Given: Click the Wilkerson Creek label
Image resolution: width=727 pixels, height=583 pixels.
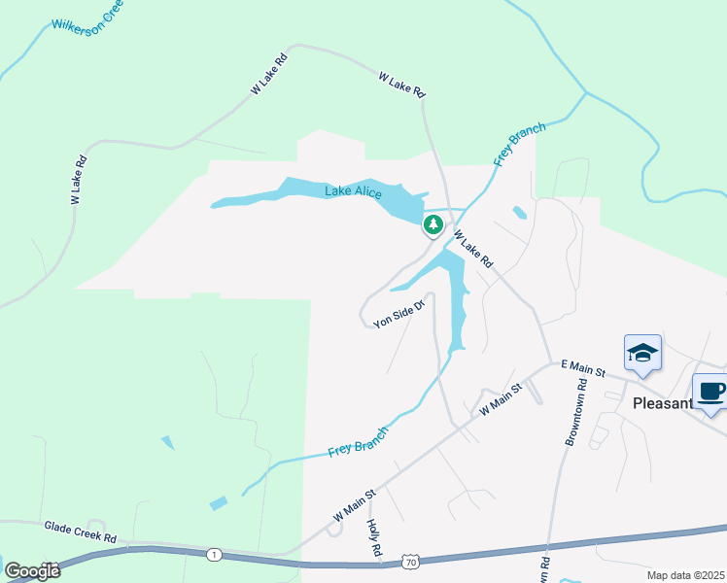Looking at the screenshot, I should click(x=87, y=11).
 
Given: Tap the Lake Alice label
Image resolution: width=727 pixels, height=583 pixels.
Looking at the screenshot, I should click(x=353, y=192).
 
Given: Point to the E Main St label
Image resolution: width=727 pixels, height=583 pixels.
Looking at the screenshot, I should click(x=582, y=370).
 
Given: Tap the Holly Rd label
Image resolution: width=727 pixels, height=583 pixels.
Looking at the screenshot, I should click(x=374, y=537).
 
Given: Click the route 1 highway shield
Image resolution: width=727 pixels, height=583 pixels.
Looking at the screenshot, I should click(x=214, y=554).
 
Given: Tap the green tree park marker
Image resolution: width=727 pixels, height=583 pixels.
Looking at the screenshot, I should click(x=433, y=225).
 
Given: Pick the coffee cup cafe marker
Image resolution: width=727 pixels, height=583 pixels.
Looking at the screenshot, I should click(x=710, y=392).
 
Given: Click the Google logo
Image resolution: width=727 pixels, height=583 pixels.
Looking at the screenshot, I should click(x=32, y=570).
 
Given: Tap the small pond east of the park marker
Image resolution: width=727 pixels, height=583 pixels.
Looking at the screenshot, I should click(x=520, y=212).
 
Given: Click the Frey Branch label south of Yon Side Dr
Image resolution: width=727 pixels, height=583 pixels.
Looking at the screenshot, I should click(x=358, y=442).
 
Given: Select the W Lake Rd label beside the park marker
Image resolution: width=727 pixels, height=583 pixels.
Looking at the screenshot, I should click(x=473, y=250).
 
